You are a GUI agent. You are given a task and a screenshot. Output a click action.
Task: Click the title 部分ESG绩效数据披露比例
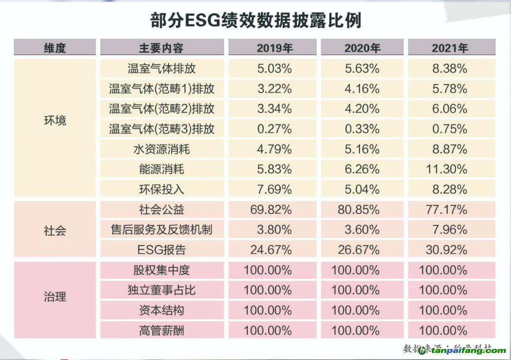(255, 21)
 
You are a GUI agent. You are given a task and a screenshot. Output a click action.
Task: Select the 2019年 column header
(274, 48)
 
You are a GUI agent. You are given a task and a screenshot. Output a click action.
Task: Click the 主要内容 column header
(161, 48)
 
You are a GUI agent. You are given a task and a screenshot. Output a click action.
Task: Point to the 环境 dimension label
(55, 120)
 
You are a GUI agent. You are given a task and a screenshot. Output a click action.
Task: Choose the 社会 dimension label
(55, 230)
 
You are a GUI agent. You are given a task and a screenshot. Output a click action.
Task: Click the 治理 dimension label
(55, 297)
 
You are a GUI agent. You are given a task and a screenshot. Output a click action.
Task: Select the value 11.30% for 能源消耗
(446, 169)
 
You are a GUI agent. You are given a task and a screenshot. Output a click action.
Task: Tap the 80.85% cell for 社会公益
(359, 210)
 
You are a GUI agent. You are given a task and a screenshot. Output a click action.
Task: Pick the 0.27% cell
(274, 129)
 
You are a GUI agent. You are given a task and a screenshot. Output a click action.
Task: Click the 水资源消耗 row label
(161, 149)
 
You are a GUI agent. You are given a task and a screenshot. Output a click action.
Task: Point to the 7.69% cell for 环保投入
(274, 190)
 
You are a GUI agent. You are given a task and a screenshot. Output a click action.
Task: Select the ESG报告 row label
(161, 250)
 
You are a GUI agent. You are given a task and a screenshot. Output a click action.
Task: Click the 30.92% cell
(446, 250)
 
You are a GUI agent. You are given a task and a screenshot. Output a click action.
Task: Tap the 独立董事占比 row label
(161, 290)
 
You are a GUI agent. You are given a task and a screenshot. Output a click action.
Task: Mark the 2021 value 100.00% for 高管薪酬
(443, 330)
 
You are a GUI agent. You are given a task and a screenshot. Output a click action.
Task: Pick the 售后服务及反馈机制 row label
(161, 230)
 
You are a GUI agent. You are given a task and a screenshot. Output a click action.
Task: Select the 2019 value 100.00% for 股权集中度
(268, 270)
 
